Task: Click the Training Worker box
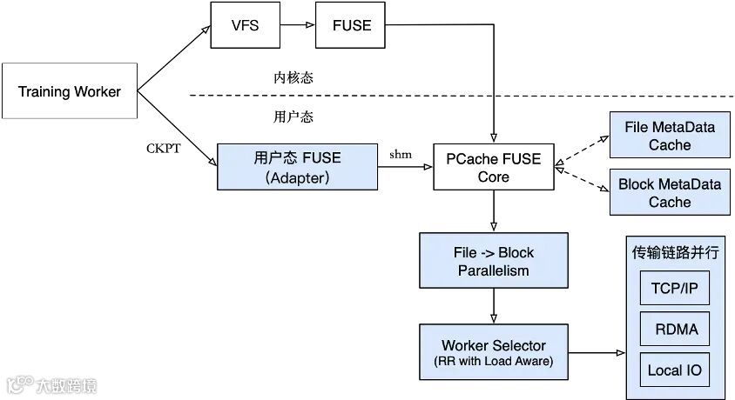coord(70,90)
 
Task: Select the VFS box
coord(246,25)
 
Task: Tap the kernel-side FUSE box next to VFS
coord(351,25)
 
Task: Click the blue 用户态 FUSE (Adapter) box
coord(297,167)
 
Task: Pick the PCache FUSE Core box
coord(494,167)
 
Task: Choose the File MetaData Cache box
coord(670,135)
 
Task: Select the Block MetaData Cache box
coord(670,192)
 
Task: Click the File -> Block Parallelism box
coord(494,261)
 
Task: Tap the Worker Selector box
coord(494,352)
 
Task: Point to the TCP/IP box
coord(675,288)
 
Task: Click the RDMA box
coord(675,329)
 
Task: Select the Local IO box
coord(675,370)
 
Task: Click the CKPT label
coord(163,149)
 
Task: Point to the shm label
coord(401,155)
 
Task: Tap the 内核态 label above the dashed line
coord(293,77)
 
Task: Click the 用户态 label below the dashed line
coord(293,117)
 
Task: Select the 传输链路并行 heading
coord(675,253)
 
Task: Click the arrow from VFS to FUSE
coord(298,25)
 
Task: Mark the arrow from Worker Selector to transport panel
coord(597,352)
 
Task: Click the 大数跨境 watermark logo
coord(52,385)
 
